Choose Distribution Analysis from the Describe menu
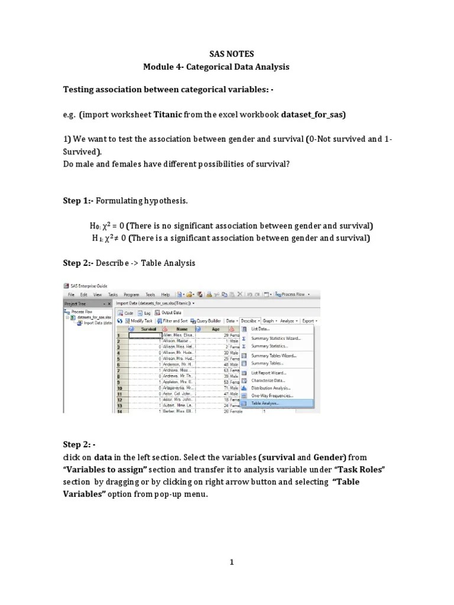[x=271, y=388]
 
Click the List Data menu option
[x=261, y=328]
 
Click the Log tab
[x=142, y=312]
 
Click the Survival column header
[x=148, y=328]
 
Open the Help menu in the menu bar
[x=166, y=294]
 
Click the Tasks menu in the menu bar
[x=113, y=294]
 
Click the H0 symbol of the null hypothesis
[x=95, y=226]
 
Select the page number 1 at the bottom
[x=232, y=562]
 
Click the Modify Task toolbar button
[x=140, y=320]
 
